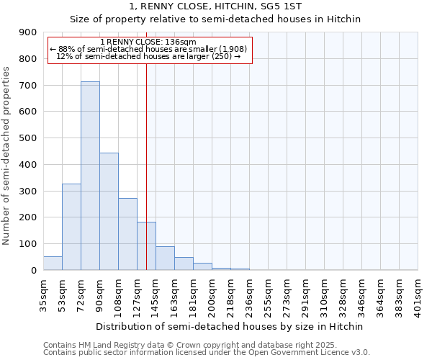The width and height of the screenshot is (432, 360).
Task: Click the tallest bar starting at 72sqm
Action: (x=90, y=176)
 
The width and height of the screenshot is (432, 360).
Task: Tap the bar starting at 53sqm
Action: (x=71, y=227)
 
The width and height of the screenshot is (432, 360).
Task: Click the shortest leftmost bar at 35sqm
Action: (x=53, y=263)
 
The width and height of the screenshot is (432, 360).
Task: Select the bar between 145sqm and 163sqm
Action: (x=165, y=258)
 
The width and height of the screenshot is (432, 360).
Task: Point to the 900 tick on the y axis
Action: (x=28, y=32)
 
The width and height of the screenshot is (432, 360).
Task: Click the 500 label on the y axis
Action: (x=28, y=138)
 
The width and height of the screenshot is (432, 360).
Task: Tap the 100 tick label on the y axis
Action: (x=28, y=244)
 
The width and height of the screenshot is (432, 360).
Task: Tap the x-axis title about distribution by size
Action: (x=230, y=326)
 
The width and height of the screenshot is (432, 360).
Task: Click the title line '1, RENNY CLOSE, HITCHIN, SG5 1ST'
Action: (x=215, y=6)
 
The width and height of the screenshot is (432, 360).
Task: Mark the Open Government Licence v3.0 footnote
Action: (x=207, y=353)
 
